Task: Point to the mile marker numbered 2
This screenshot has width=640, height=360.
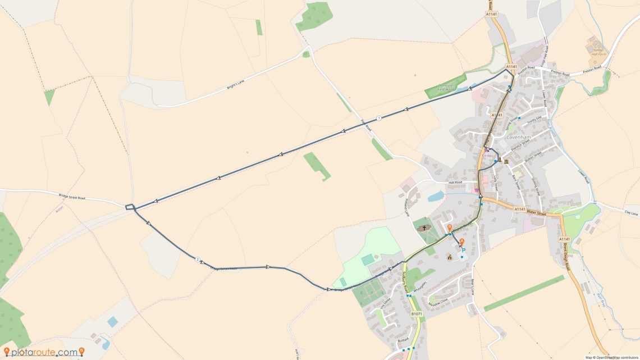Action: click(198, 259)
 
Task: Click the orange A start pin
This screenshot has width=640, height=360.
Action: click(461, 241)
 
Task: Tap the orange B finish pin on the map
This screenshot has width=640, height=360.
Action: click(449, 227)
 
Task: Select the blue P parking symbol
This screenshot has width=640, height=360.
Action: click(464, 250)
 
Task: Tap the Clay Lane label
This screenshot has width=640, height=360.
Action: click(631, 213)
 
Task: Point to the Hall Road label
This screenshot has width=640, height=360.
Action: click(455, 183)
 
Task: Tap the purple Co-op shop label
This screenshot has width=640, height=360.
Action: click(487, 156)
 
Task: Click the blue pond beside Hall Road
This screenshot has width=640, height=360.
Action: click(435, 196)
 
